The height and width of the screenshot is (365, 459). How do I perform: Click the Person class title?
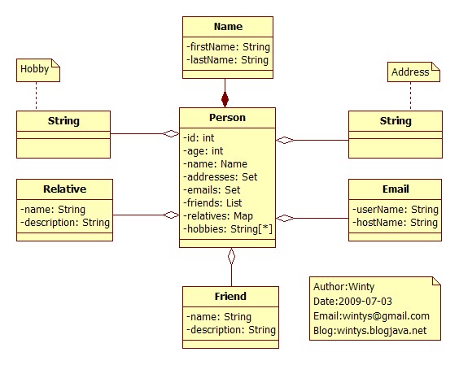click(227, 118)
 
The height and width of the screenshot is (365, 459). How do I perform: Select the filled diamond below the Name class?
click(225, 99)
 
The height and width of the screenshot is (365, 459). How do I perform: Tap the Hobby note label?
click(34, 69)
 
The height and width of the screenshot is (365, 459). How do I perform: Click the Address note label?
click(410, 72)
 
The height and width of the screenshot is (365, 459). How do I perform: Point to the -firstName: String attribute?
click(229, 47)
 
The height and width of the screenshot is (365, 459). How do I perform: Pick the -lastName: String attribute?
click(227, 60)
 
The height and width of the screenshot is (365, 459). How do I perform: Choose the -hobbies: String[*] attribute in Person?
click(228, 229)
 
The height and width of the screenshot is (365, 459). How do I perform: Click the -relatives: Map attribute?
click(218, 216)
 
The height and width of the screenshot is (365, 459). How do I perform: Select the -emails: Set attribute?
click(212, 190)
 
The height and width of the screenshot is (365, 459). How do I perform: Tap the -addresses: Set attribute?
click(221, 177)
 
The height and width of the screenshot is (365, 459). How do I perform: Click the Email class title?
click(396, 189)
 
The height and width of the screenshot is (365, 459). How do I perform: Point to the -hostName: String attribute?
click(395, 223)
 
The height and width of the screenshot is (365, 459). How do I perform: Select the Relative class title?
click(64, 189)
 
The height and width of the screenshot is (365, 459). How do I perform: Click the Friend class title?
click(230, 296)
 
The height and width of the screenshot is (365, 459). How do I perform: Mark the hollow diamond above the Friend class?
click(232, 257)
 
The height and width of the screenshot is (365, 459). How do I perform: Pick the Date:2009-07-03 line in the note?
click(352, 302)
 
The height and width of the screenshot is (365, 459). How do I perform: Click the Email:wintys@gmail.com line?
click(371, 316)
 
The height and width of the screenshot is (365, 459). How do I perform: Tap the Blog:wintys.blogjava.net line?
click(369, 331)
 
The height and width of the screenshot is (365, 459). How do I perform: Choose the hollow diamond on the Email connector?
click(285, 218)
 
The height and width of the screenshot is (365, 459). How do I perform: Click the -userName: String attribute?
click(396, 210)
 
